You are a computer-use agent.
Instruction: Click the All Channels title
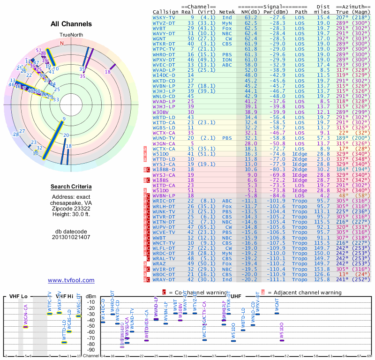pyautogui.click(x=71, y=24)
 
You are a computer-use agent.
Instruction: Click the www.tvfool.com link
pyautogui.click(x=71, y=280)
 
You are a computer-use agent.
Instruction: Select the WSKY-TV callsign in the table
pyautogui.click(x=164, y=18)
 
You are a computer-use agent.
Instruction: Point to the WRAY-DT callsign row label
pyautogui.click(x=164, y=280)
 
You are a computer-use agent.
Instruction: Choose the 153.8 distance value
pyautogui.click(x=323, y=270)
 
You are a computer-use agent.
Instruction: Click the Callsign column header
pyautogui.click(x=165, y=12)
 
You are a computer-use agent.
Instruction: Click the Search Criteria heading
pyautogui.click(x=71, y=187)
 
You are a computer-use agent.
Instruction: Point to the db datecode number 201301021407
pyautogui.click(x=71, y=237)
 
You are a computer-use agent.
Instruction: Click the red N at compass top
pyautogui.click(x=61, y=43)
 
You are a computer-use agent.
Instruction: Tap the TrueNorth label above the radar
pyautogui.click(x=71, y=35)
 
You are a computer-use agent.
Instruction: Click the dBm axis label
pyautogui.click(x=91, y=296)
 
